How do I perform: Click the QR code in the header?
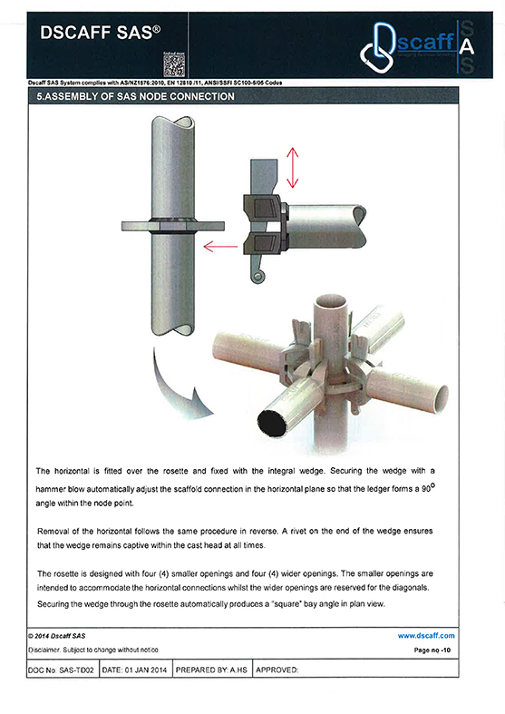pyautogui.click(x=174, y=65)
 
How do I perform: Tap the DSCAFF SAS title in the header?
pyautogui.click(x=100, y=33)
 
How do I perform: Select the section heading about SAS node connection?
pyautogui.click(x=136, y=96)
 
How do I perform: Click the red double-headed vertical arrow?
pyautogui.click(x=292, y=168)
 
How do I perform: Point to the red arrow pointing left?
pyautogui.click(x=220, y=247)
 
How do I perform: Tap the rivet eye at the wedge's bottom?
pyautogui.click(x=258, y=277)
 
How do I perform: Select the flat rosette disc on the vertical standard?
pyautogui.click(x=173, y=225)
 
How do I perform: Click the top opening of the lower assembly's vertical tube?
pyautogui.click(x=331, y=302)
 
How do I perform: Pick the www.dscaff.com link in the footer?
pyautogui.click(x=426, y=636)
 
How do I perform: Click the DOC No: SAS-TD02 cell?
pyautogui.click(x=63, y=670)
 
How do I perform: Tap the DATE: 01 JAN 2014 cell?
pyautogui.click(x=135, y=670)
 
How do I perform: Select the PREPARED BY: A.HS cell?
pyautogui.click(x=211, y=670)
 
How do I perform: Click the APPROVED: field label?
pyautogui.click(x=277, y=670)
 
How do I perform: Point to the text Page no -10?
pyautogui.click(x=432, y=650)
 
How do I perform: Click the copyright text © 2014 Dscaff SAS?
pyautogui.click(x=57, y=636)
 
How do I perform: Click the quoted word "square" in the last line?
pyautogui.click(x=288, y=604)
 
